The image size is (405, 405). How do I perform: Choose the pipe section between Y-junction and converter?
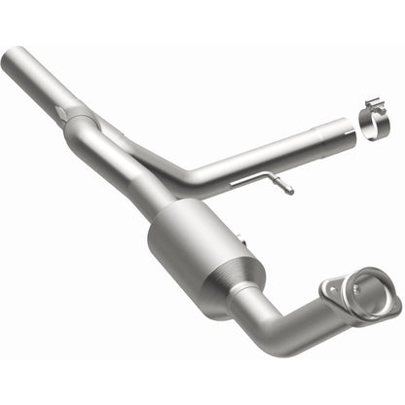click(127, 176)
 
